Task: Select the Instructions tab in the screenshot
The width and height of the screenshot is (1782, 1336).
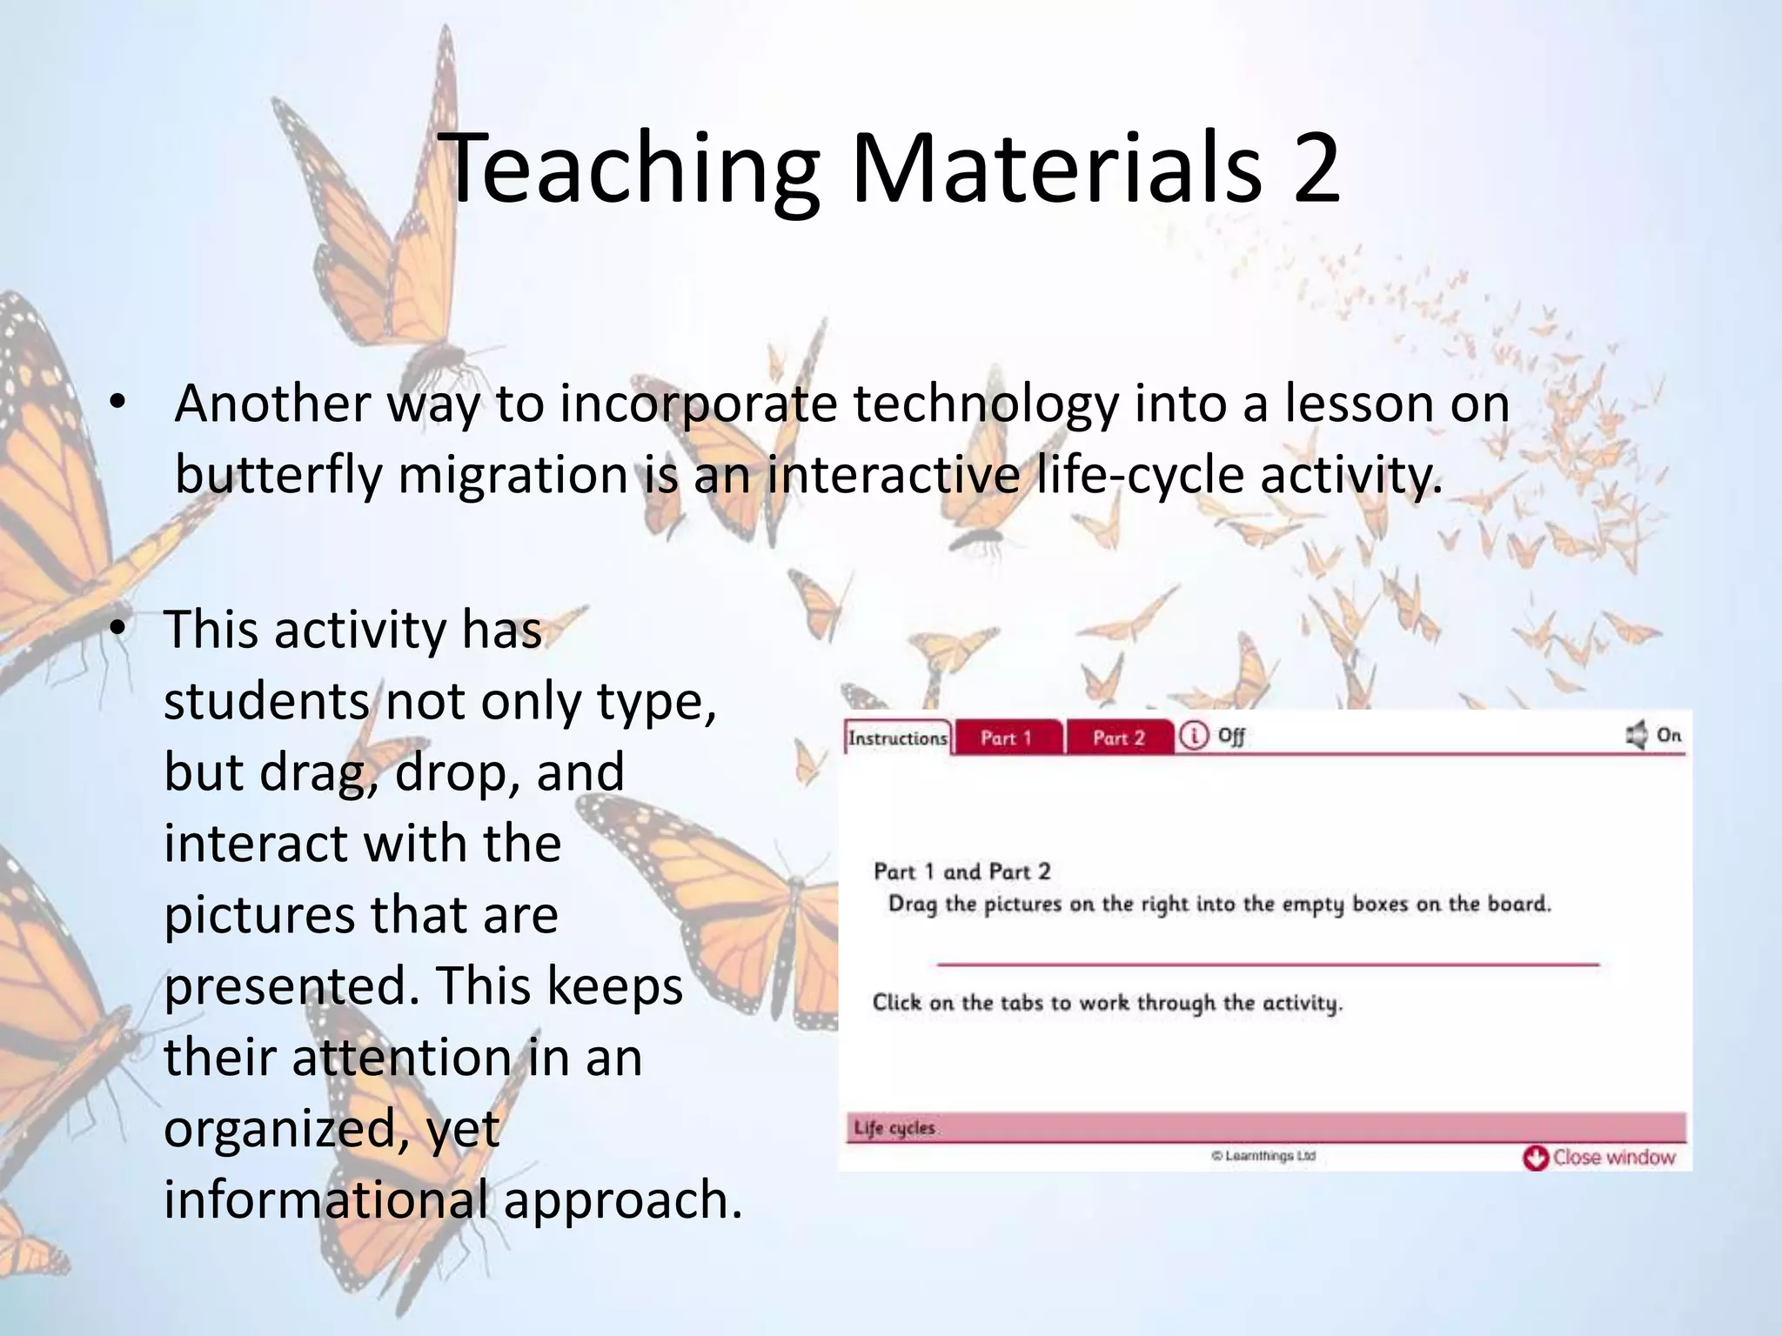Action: [898, 738]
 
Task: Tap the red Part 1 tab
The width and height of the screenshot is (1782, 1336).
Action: [1006, 738]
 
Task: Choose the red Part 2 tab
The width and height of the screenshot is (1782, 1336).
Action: [1119, 738]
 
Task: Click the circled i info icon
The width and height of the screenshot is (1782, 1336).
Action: [1194, 736]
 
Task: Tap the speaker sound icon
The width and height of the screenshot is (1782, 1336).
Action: [1637, 735]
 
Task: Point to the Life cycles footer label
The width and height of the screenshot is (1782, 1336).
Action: [894, 1128]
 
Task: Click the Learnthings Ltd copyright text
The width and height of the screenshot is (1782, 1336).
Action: [1263, 1156]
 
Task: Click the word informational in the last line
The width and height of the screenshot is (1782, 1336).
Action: [325, 1200]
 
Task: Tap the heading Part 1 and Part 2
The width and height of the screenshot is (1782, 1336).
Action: [961, 872]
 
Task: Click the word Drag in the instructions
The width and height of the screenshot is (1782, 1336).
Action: [913, 905]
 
